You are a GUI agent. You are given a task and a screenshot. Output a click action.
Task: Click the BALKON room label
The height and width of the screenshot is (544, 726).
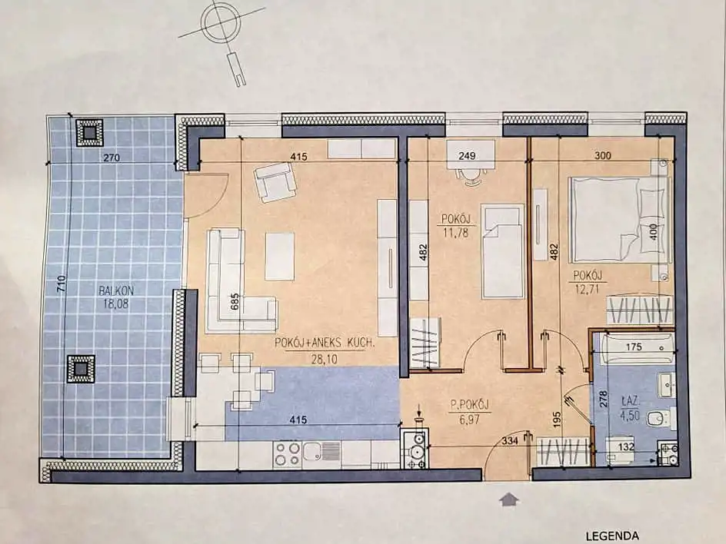pos(116,291)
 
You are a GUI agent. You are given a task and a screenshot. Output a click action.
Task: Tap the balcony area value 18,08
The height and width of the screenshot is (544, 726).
pos(116,304)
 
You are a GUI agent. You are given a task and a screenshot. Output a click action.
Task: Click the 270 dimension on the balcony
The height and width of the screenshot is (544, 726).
pos(112,158)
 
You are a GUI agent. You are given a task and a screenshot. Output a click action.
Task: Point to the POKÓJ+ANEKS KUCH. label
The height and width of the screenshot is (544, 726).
pos(324,343)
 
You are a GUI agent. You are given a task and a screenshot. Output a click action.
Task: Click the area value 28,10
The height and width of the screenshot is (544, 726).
pos(324,359)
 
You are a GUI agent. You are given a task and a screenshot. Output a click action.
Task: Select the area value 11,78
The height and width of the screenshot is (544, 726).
pos(456,232)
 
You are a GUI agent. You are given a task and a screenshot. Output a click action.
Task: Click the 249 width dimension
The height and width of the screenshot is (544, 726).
pos(467,156)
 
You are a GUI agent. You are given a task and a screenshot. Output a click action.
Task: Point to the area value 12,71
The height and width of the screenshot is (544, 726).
pos(587,290)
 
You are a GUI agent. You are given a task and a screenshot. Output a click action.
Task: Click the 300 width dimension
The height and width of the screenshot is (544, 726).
pos(603,156)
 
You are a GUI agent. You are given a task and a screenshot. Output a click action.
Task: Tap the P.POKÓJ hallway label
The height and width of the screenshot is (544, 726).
pos(470,405)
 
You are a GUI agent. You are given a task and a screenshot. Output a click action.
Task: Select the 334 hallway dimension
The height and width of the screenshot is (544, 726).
pos(510,441)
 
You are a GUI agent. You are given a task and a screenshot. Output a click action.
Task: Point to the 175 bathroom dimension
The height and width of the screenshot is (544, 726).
pos(634,347)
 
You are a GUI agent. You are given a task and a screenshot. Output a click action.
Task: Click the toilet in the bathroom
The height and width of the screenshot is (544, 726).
pos(661,419)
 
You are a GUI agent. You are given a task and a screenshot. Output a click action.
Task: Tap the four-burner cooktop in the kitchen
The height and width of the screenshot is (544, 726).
pos(288,454)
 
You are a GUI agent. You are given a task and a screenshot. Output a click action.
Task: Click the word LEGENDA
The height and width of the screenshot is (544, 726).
pos(612,536)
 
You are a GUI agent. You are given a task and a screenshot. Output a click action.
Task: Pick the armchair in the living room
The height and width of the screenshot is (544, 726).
pos(275,182)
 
